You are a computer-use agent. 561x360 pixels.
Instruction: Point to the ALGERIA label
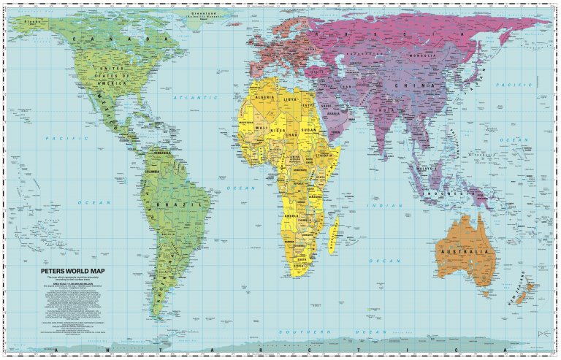(x=264, y=96)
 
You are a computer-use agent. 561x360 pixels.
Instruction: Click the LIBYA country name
(x=291, y=98)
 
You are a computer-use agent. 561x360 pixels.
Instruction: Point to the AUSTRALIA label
(x=462, y=252)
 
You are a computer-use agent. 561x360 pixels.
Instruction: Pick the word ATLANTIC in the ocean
(x=195, y=97)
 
